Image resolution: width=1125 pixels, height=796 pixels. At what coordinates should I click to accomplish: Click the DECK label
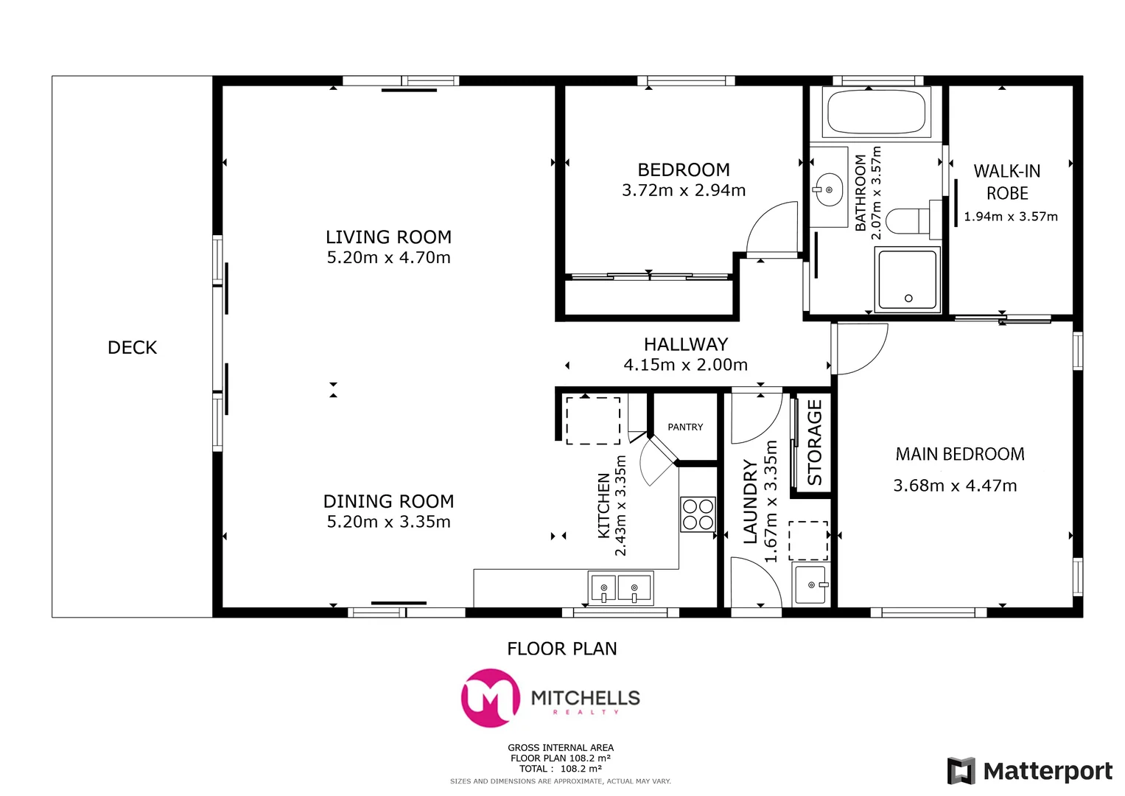(x=132, y=347)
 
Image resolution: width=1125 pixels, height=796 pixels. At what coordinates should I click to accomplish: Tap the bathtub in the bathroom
(x=876, y=112)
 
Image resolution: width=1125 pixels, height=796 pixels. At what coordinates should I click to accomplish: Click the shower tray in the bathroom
(x=907, y=280)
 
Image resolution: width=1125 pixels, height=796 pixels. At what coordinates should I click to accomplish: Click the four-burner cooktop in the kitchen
(x=698, y=514)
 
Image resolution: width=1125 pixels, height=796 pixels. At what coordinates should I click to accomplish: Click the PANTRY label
(x=685, y=427)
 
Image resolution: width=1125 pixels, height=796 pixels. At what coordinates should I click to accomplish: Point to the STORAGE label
(x=814, y=442)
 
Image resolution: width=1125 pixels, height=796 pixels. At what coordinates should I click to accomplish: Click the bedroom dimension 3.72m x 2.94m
(x=684, y=190)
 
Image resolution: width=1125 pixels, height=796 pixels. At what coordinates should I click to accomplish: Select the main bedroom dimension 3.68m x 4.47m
(x=955, y=486)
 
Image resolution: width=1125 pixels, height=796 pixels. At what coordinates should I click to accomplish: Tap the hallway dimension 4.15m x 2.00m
(x=685, y=365)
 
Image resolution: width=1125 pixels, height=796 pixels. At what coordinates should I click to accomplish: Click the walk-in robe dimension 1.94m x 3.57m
(x=1010, y=217)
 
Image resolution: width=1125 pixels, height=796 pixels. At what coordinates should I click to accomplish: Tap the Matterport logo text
(x=1048, y=772)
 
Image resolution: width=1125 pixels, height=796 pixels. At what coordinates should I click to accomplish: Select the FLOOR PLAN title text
(x=561, y=649)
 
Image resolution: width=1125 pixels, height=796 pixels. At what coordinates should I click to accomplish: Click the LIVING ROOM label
(x=388, y=237)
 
